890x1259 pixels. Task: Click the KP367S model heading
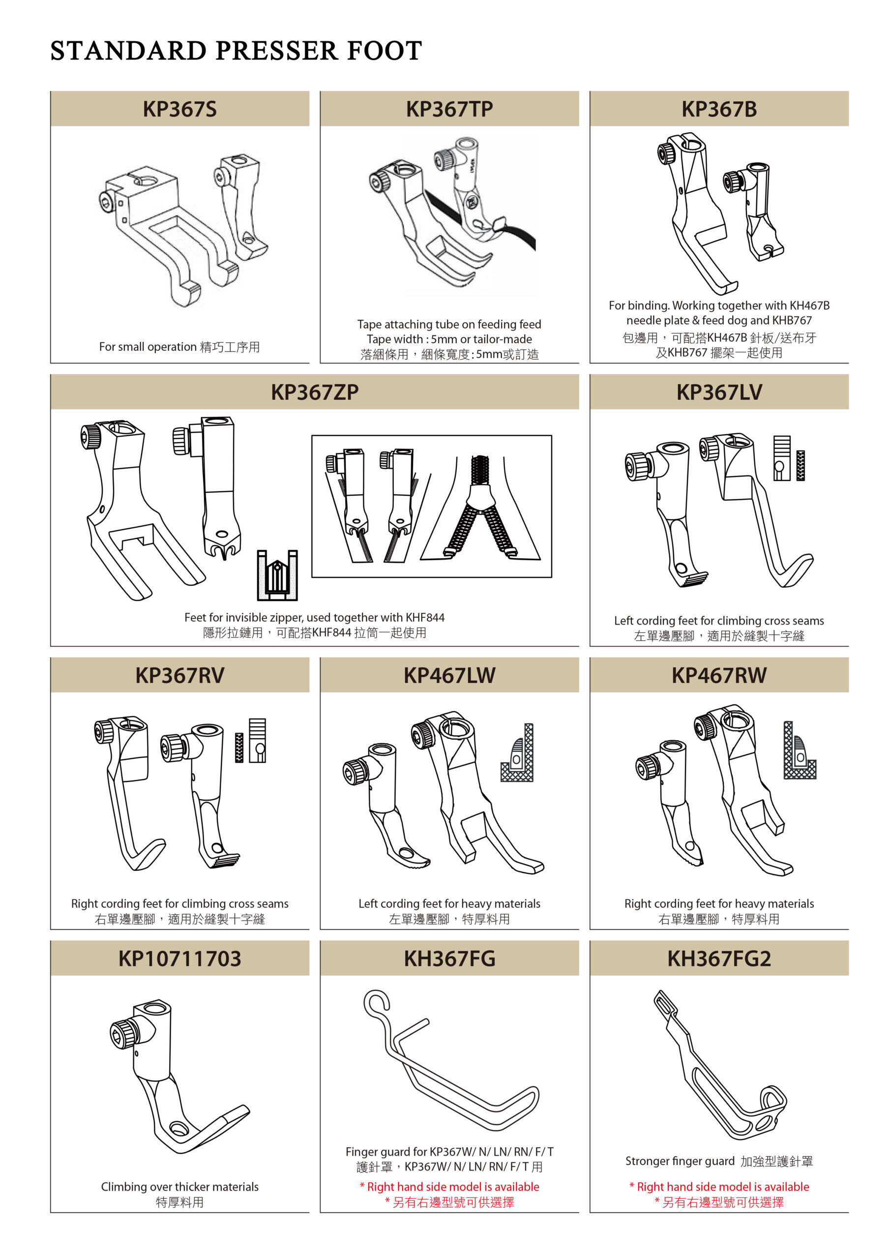(x=179, y=109)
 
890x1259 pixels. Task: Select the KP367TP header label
(x=449, y=109)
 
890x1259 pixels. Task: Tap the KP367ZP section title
(x=315, y=392)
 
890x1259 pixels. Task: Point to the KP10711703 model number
(x=179, y=959)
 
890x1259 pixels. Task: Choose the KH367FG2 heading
(x=719, y=959)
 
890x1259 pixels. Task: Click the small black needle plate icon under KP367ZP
(x=277, y=575)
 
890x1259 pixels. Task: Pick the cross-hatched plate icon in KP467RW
(x=800, y=750)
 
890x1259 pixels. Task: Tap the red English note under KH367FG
(x=449, y=1187)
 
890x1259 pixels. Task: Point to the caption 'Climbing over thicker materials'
(x=179, y=1187)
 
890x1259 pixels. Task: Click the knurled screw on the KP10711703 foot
(x=123, y=1034)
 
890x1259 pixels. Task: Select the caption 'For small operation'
(x=148, y=347)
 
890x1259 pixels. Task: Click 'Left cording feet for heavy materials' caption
(x=449, y=903)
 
